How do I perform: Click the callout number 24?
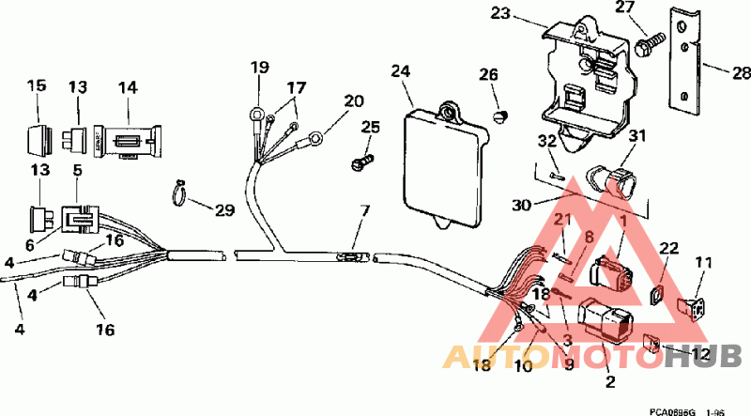(x=401, y=71)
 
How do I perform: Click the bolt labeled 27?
(x=649, y=41)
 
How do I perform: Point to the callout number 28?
(x=741, y=71)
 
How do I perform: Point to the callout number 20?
(x=353, y=100)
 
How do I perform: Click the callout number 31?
(x=638, y=137)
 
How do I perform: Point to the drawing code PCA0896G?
(x=670, y=410)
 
